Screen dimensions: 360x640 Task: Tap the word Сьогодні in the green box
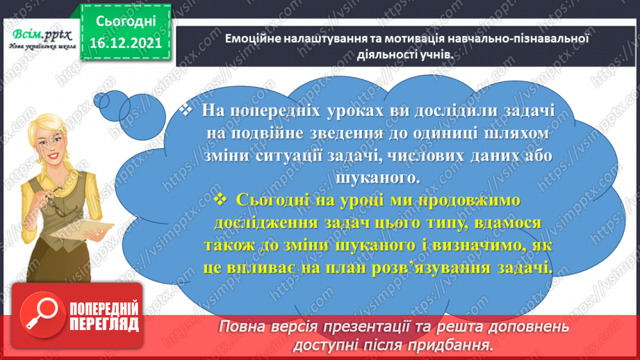pos(125,22)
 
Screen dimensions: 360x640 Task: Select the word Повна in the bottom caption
pos(242,327)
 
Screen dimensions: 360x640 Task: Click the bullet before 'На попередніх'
pos(185,110)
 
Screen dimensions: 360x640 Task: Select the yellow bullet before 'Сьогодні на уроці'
pos(222,199)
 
